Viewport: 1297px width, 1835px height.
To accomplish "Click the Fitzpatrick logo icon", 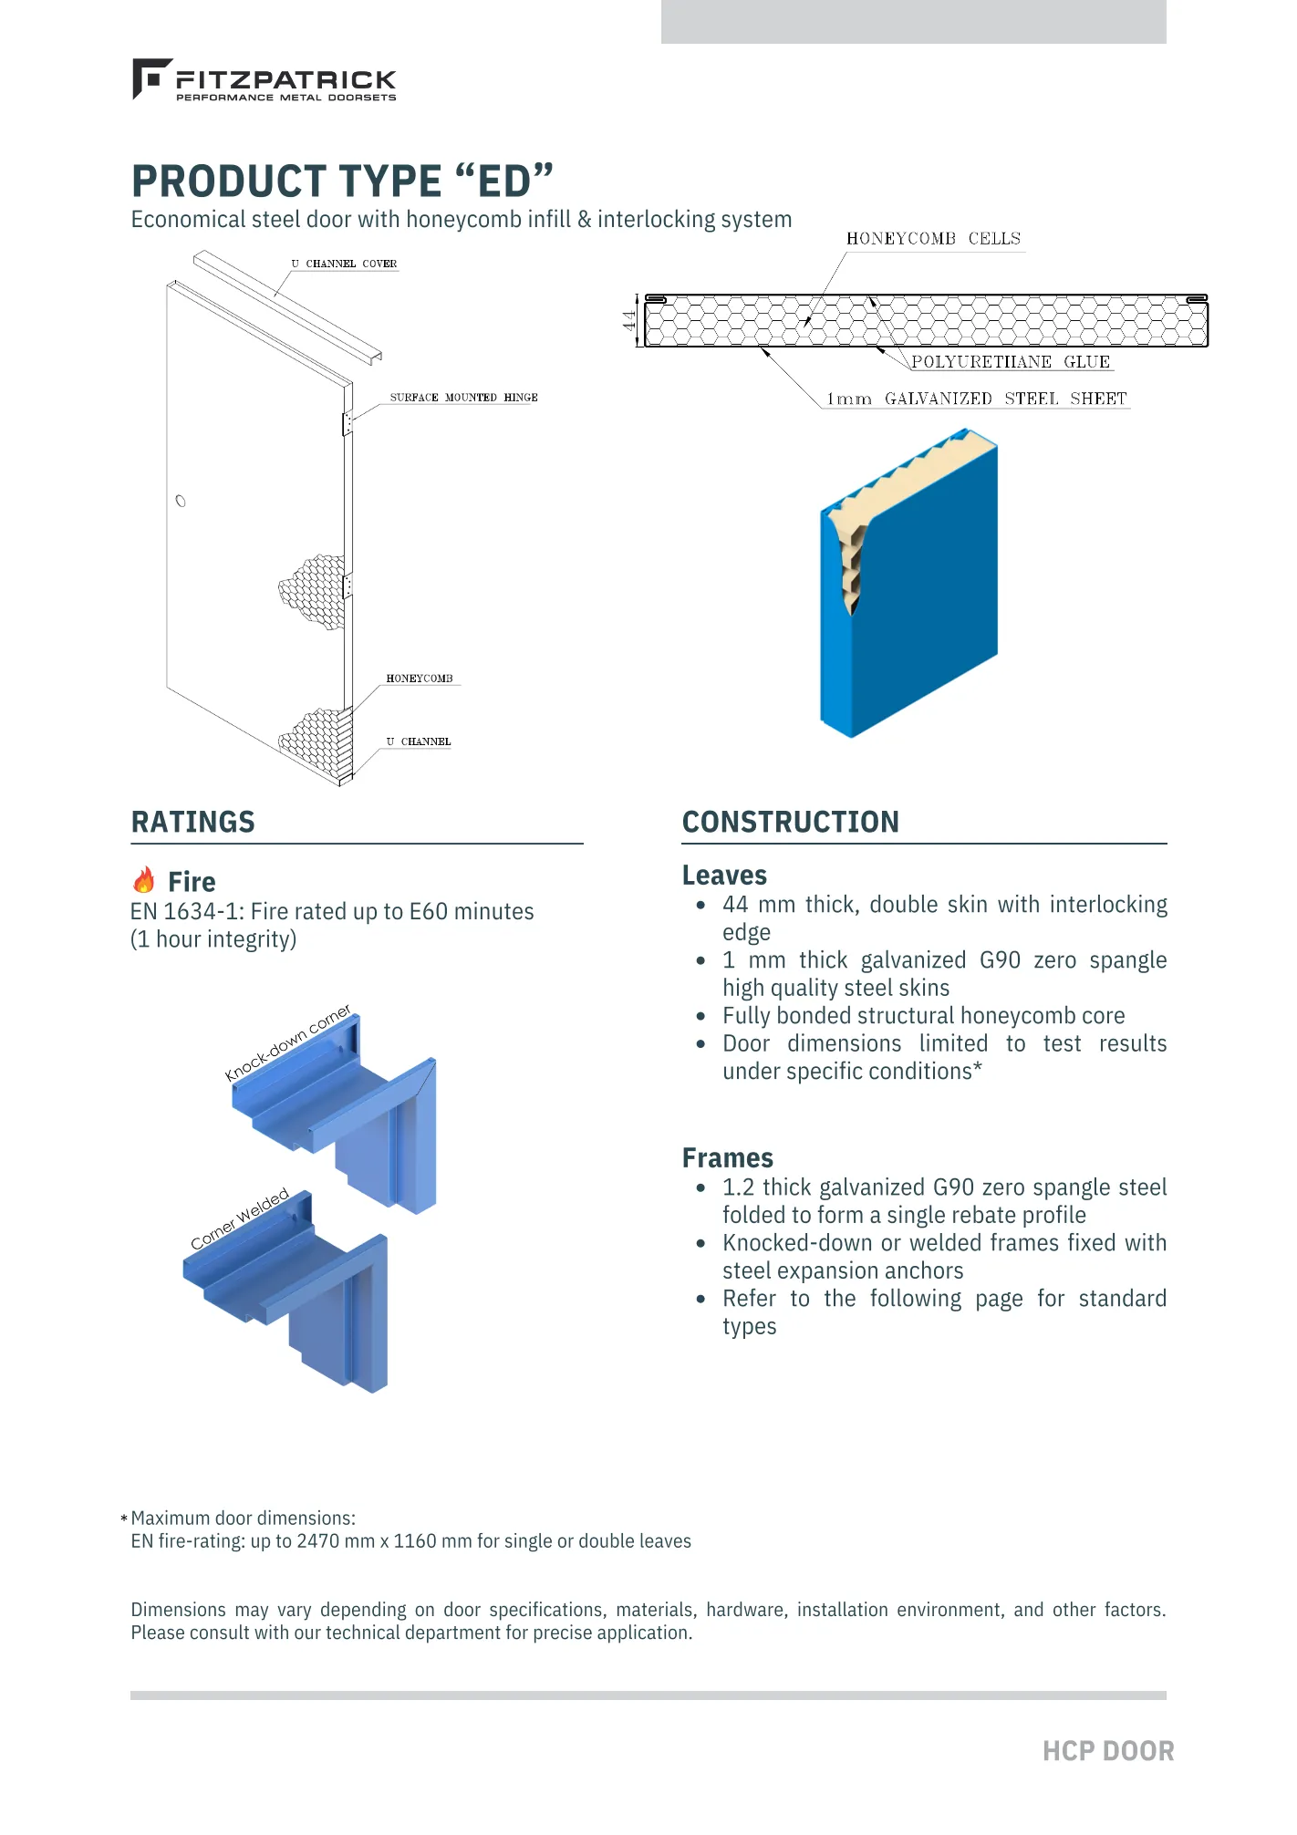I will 150,78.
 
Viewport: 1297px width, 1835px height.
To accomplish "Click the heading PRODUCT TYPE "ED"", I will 342,181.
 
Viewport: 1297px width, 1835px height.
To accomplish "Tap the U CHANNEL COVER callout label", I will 344,264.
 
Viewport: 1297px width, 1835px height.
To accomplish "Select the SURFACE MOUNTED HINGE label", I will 463,398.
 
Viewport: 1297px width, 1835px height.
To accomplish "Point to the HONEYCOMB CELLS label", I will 933,239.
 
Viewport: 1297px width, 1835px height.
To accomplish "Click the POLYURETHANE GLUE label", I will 1011,362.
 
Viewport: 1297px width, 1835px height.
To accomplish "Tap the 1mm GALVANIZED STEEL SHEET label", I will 976,399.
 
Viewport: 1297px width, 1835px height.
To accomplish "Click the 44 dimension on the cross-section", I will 629,321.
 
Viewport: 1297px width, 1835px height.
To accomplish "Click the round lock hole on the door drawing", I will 181,501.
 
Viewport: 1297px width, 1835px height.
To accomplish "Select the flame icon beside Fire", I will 144,880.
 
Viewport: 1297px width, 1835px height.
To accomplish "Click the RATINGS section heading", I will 192,822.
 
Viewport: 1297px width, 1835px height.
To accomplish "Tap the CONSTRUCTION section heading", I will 790,822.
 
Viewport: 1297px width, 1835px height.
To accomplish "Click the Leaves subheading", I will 724,876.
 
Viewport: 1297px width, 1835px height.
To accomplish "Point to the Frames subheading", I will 727,1158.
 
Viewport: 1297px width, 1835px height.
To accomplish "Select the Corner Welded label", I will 240,1218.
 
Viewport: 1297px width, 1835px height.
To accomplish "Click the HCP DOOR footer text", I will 1107,1751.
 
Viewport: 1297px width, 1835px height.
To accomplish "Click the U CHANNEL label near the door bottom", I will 419,742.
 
